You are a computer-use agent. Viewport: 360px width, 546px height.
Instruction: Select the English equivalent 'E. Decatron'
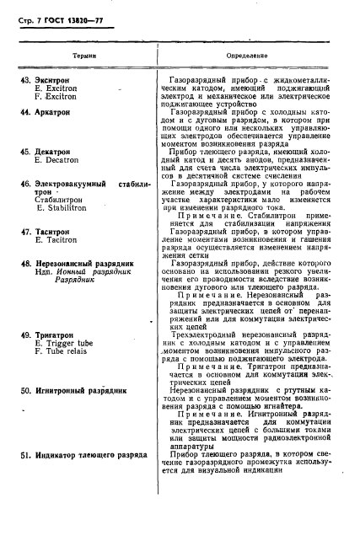[x=57, y=160]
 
